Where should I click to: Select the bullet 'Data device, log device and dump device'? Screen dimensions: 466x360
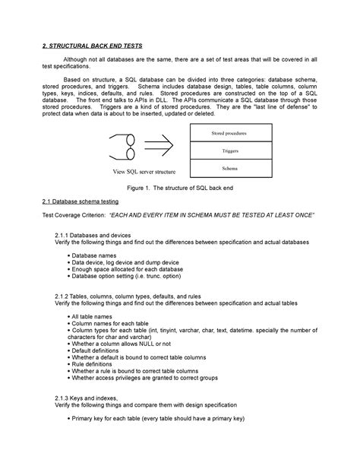coord(125,262)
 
